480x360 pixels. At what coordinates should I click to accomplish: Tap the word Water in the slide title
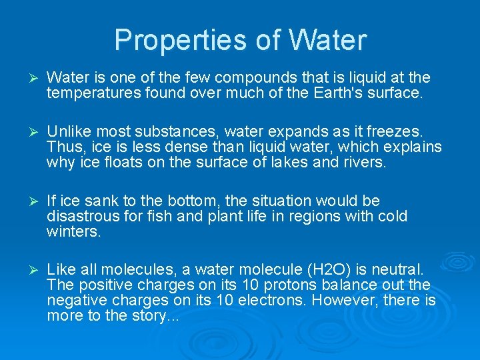point(327,41)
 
